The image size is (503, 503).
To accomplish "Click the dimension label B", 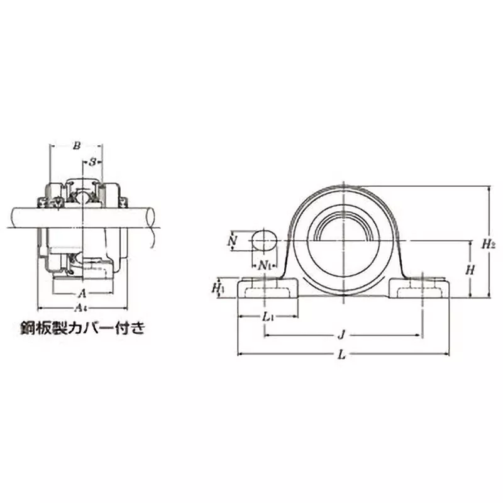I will point(77,146).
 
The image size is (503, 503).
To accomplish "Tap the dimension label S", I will point(93,162).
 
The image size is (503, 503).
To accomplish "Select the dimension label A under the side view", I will point(82,294).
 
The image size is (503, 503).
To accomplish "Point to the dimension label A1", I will point(80,307).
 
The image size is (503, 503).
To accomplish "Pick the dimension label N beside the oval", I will point(233,241).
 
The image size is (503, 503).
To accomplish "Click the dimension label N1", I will point(267,265).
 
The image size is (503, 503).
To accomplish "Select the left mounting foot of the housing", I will point(267,290).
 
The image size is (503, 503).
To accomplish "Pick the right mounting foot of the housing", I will point(420,290).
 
